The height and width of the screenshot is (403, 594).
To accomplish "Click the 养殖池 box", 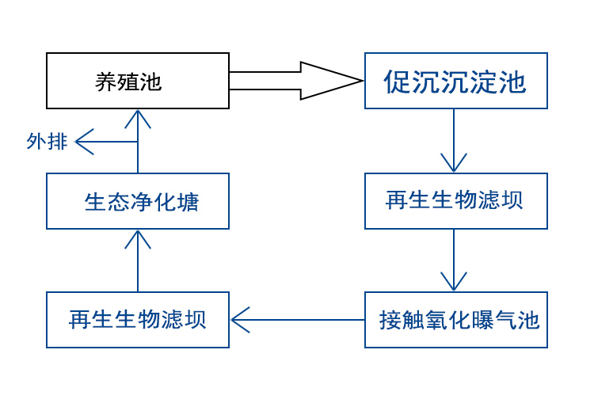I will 138,81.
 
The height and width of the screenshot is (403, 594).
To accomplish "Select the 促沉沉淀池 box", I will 455,81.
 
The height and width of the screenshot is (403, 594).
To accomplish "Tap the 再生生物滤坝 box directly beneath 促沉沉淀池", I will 455,201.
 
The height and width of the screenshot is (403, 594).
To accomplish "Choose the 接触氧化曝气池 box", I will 455,320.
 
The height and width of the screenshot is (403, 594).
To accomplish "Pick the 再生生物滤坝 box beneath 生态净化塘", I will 138,320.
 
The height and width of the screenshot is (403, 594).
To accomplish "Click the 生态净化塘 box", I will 138,201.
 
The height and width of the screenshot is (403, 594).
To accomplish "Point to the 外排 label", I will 47,142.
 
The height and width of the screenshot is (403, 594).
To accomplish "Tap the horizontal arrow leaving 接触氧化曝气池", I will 297,320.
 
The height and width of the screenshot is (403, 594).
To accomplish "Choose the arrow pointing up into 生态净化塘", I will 138,260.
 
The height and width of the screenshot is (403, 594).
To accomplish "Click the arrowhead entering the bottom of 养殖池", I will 138,118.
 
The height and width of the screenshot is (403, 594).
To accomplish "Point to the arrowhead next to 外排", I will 84,142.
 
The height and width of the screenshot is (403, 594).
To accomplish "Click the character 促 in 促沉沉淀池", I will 398,82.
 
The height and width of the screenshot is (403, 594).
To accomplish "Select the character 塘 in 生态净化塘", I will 188,202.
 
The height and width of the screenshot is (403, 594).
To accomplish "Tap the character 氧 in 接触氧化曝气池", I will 436,321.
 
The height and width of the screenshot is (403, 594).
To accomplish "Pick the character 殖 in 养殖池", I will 128,82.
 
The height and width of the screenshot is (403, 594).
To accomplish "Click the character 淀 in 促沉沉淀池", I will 484,82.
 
